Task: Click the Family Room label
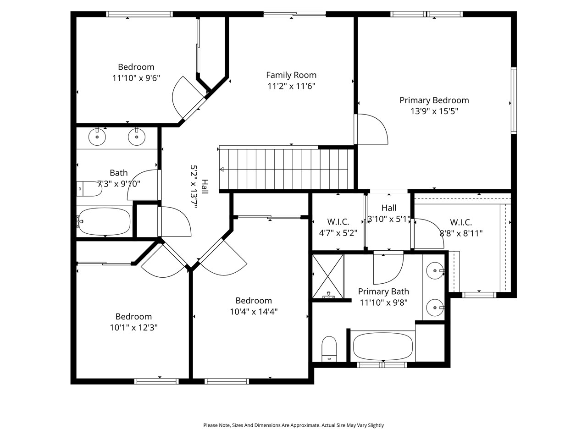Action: tap(291, 75)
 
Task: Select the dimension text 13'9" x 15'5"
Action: tap(434, 111)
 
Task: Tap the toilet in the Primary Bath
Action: tap(329, 349)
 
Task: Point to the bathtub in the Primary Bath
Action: tap(383, 346)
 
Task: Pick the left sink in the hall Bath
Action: tap(97, 137)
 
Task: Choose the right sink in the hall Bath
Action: tap(136, 137)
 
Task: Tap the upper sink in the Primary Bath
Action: tap(434, 271)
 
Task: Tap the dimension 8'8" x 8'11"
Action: tap(461, 233)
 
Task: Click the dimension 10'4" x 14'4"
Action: tap(254, 312)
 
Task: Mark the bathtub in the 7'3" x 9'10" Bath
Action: tap(104, 221)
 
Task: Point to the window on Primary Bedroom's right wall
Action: tap(514, 100)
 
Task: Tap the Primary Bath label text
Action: tap(383, 291)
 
